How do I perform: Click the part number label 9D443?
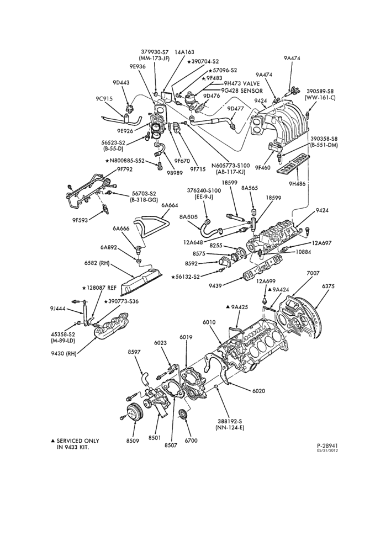pos(121,82)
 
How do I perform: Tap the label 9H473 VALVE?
pos(242,83)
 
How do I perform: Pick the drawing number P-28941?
pos(327,445)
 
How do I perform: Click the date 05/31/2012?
pos(327,450)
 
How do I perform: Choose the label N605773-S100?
pos(230,166)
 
